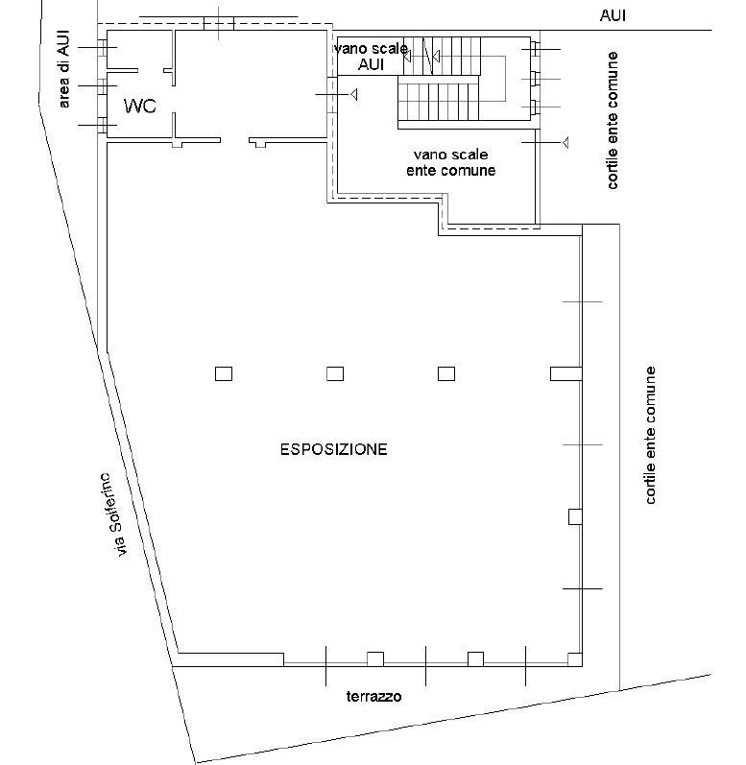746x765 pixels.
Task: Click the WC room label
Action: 140,106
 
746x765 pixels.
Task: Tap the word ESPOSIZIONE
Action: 333,448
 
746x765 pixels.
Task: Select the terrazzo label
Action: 373,697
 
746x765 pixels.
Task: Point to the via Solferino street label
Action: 114,514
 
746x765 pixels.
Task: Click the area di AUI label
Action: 65,67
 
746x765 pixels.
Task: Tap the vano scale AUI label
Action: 371,57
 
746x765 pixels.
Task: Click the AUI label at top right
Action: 614,15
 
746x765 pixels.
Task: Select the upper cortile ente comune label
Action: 614,120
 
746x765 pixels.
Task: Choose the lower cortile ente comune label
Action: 652,435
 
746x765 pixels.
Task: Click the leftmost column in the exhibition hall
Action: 224,373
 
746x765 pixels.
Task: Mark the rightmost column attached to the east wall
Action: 565,373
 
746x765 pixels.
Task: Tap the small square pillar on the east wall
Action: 575,516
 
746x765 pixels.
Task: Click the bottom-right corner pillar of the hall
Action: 574,658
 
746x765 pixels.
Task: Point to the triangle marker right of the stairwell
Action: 566,143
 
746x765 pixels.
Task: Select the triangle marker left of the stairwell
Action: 354,94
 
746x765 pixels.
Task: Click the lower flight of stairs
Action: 438,97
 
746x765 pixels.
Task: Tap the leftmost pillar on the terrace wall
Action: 375,658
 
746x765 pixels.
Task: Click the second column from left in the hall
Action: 335,373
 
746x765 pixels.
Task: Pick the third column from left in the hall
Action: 446,373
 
